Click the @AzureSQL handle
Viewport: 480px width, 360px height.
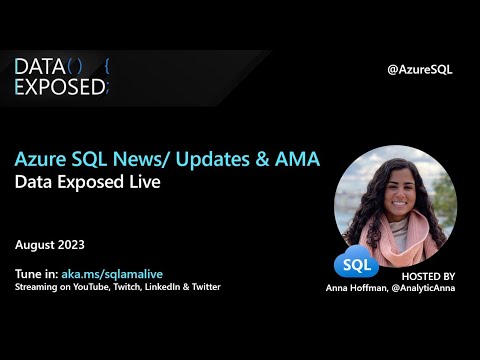(x=420, y=69)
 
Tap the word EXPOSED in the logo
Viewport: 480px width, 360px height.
(x=59, y=87)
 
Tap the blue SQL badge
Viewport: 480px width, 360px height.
(x=355, y=265)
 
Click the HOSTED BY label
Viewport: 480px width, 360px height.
(x=427, y=275)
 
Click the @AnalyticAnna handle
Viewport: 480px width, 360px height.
(x=425, y=288)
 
